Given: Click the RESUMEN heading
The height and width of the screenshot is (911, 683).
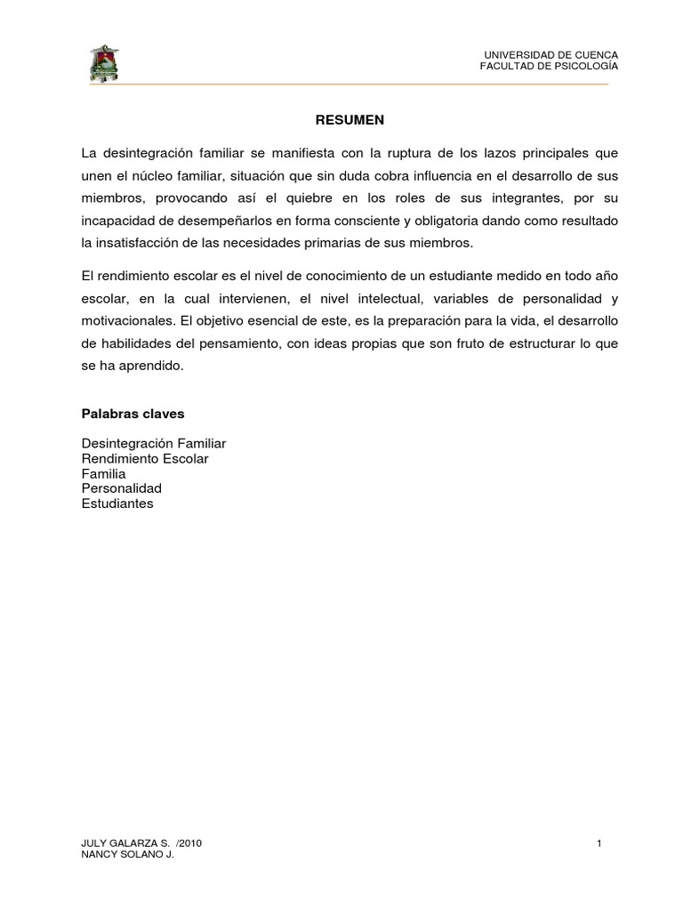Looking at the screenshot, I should click(341, 118).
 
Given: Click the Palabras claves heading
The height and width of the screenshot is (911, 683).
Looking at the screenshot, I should click(133, 414).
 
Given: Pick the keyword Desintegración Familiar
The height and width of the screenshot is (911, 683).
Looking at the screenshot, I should click(154, 443).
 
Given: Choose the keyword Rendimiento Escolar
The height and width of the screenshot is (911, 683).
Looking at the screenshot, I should click(145, 458).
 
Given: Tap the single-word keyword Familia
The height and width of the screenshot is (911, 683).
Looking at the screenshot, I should click(103, 473).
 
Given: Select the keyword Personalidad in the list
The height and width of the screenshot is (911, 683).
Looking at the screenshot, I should click(122, 488).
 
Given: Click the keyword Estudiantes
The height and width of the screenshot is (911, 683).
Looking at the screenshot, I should click(117, 504).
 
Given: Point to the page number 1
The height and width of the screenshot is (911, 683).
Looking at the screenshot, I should click(600, 842).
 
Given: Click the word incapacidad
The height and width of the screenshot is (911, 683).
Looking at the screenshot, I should click(117, 220).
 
